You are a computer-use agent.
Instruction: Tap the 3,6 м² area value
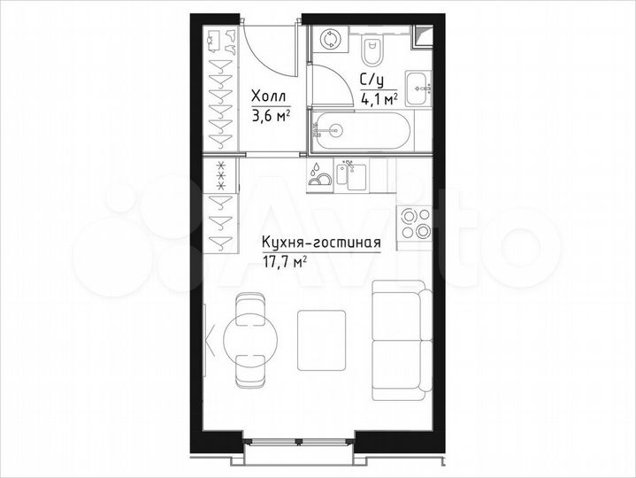271,114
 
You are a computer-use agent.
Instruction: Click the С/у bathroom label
371,81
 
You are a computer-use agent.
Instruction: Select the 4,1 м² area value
379,98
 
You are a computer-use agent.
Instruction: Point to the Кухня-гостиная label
320,243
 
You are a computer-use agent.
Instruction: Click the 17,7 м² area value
284,261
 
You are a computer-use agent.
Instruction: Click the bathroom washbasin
425,88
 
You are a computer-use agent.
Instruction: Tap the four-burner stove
414,223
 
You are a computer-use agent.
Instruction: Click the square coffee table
319,339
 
